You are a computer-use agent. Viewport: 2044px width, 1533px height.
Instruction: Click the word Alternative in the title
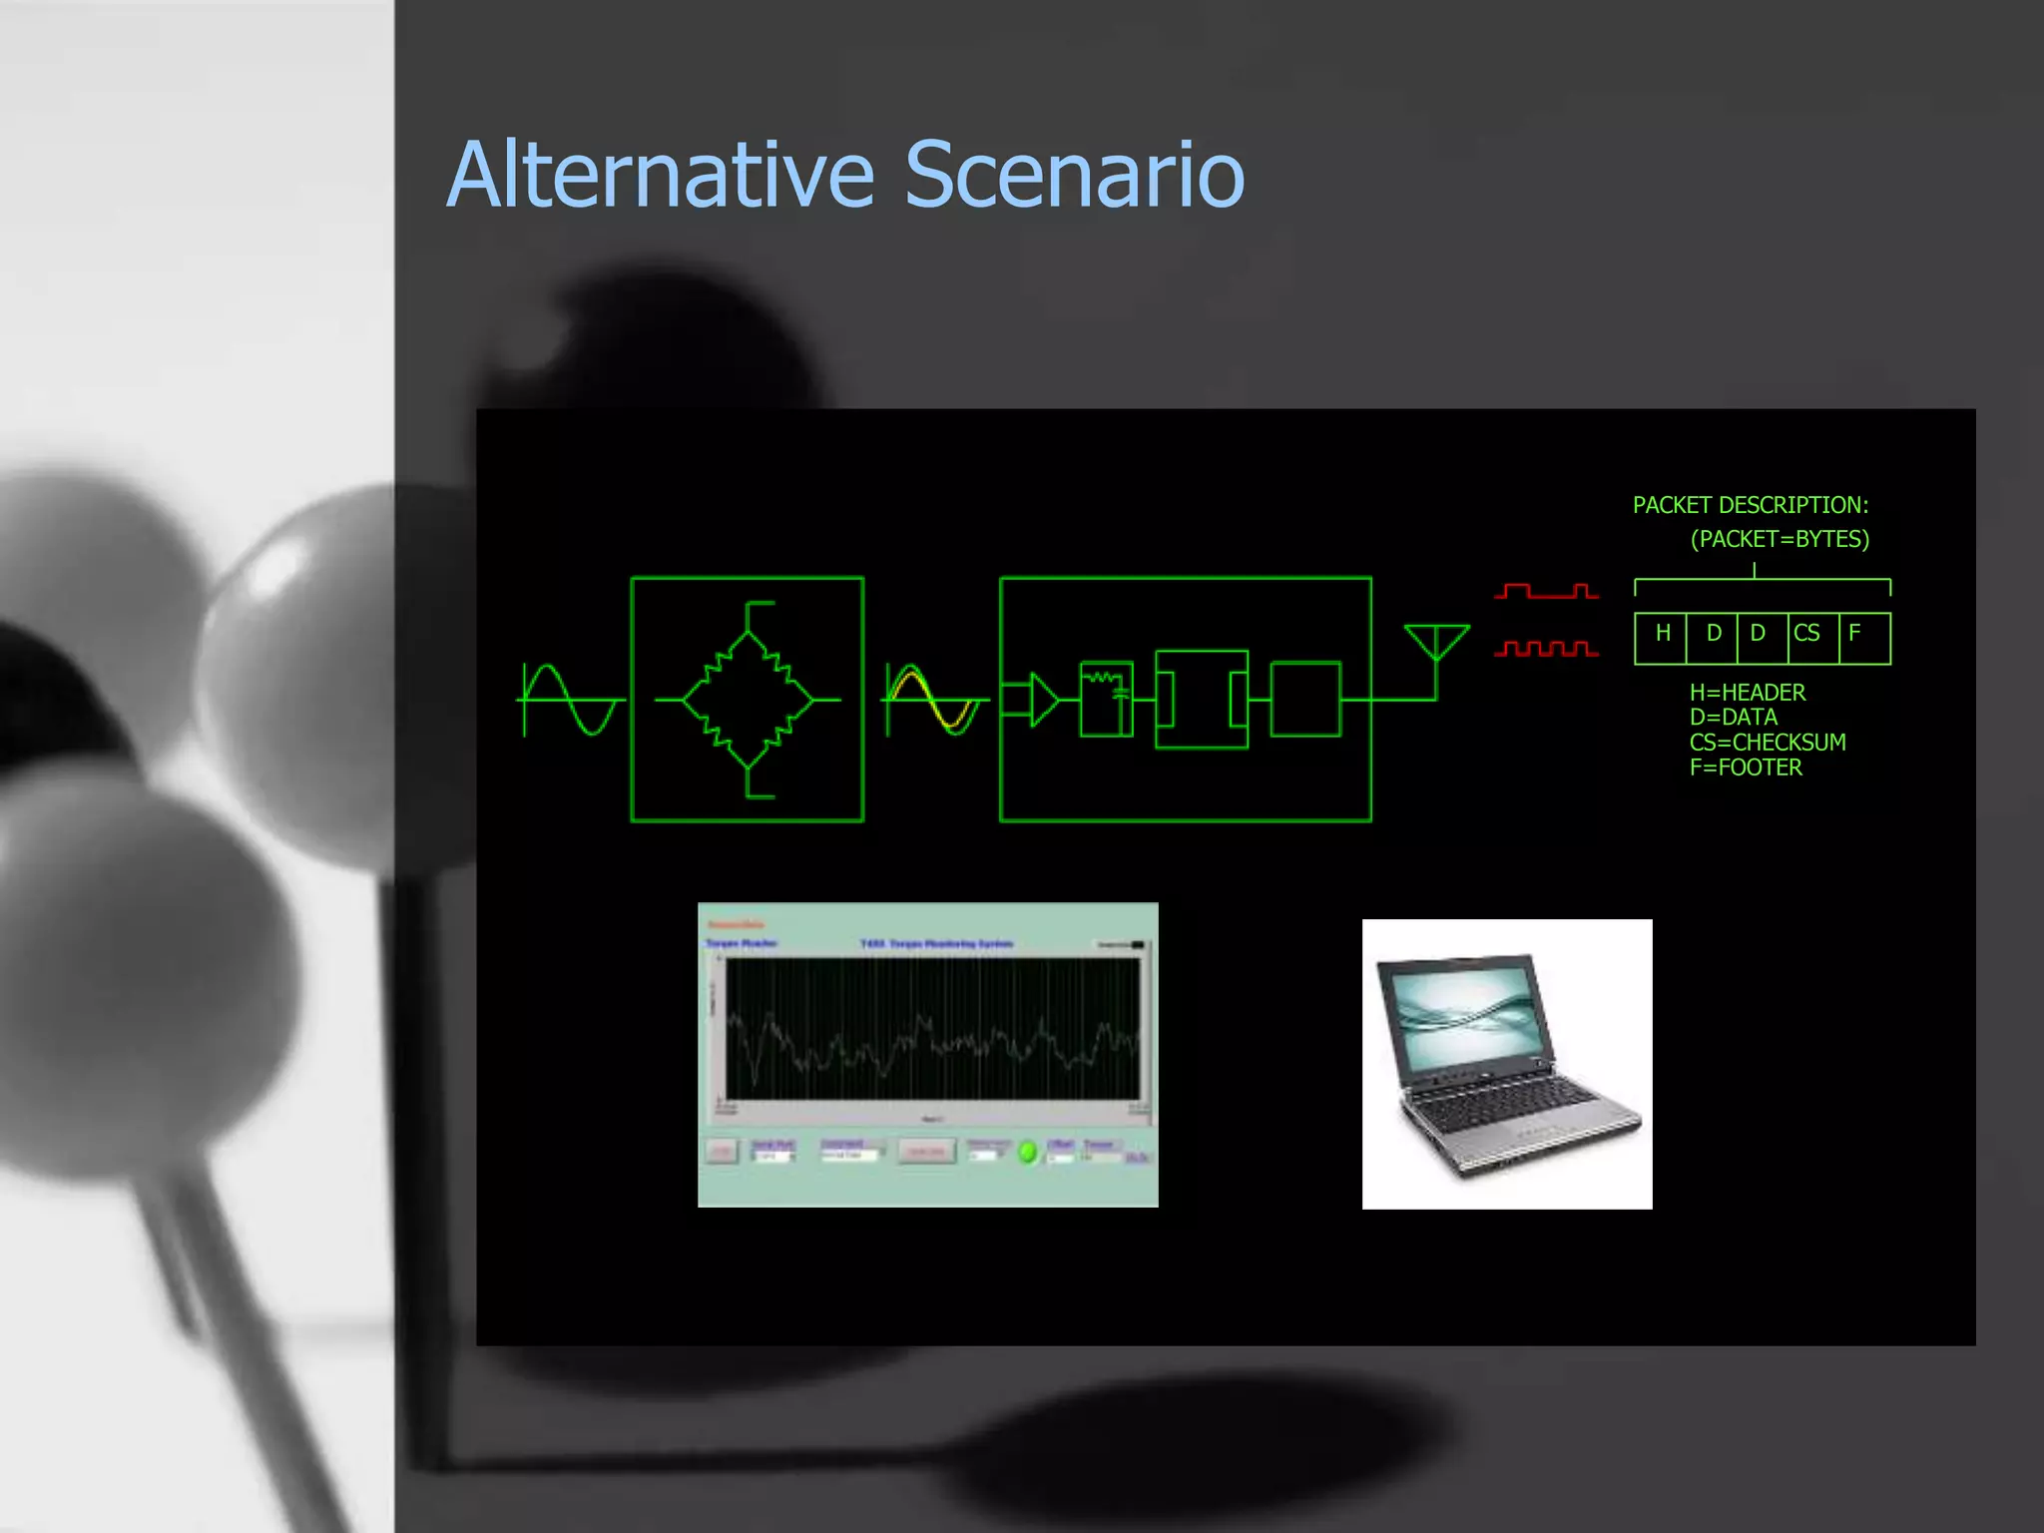pyautogui.click(x=661, y=176)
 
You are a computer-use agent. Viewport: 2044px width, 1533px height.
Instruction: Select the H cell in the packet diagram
pyautogui.click(x=1662, y=634)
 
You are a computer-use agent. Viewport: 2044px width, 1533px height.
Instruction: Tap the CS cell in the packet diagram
pyautogui.click(x=1806, y=634)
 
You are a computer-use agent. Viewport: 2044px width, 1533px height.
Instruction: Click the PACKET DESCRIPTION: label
pyautogui.click(x=1751, y=506)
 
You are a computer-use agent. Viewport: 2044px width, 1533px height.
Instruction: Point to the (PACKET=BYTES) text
pyautogui.click(x=1780, y=540)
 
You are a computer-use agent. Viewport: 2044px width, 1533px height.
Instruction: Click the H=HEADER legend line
pyautogui.click(x=1748, y=693)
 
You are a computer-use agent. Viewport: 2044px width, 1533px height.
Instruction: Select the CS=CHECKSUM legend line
pyautogui.click(x=1768, y=743)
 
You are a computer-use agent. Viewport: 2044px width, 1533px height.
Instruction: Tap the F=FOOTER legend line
pyautogui.click(x=1746, y=767)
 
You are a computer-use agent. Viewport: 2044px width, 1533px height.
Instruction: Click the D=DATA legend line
pyautogui.click(x=1734, y=718)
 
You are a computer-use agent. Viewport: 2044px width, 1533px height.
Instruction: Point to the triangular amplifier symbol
pyautogui.click(x=1043, y=700)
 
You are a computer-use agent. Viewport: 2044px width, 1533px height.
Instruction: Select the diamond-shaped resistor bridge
pyautogui.click(x=748, y=700)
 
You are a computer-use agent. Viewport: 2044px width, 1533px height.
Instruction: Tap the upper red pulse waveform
pyautogui.click(x=1546, y=592)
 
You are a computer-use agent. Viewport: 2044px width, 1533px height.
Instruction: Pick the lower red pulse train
pyautogui.click(x=1546, y=650)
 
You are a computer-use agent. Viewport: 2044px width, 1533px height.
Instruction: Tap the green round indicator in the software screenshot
pyautogui.click(x=1027, y=1153)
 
